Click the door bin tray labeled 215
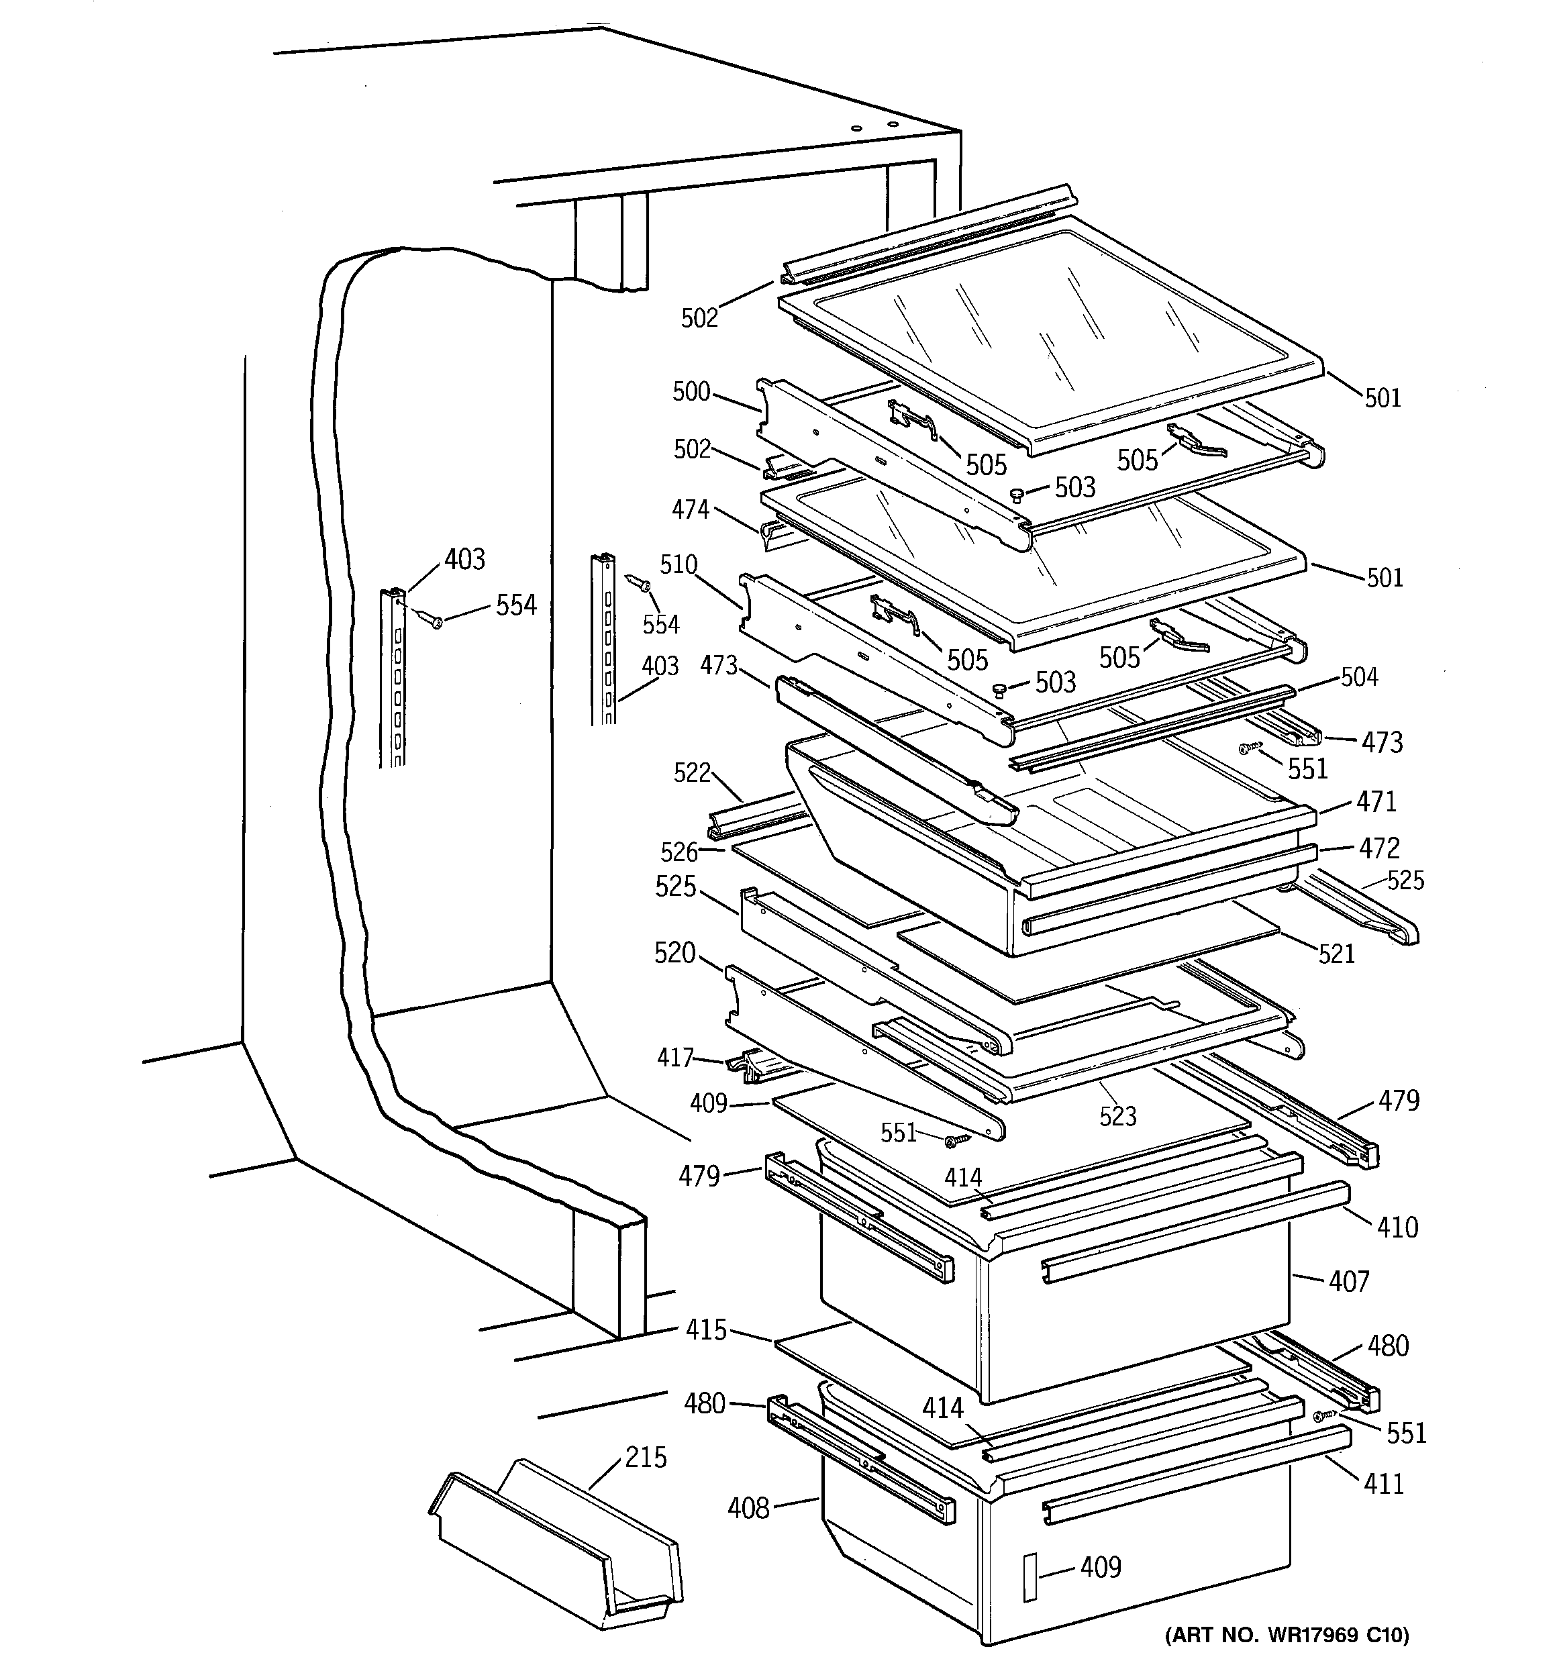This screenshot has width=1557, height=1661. point(556,1554)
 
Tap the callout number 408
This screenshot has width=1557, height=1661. point(748,1508)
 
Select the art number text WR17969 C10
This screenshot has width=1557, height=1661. point(1287,1633)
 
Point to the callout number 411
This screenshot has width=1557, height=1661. point(1383,1484)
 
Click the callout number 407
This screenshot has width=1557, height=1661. point(1349,1282)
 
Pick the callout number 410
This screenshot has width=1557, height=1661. point(1397,1227)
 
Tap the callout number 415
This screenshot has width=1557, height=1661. point(706,1329)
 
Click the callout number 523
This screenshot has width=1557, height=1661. point(1118,1116)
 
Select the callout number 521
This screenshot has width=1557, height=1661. point(1336,954)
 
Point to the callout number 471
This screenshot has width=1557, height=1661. point(1376,801)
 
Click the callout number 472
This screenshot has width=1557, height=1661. point(1379,848)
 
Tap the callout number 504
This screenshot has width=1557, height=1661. point(1359,676)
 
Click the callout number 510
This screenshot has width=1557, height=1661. point(678,565)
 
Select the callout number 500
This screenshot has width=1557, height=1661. point(691,392)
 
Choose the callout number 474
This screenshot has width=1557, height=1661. point(691,509)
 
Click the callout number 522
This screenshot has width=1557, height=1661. point(692,773)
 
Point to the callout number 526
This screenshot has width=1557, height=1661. point(679,852)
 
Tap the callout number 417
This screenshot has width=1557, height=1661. point(675,1058)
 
